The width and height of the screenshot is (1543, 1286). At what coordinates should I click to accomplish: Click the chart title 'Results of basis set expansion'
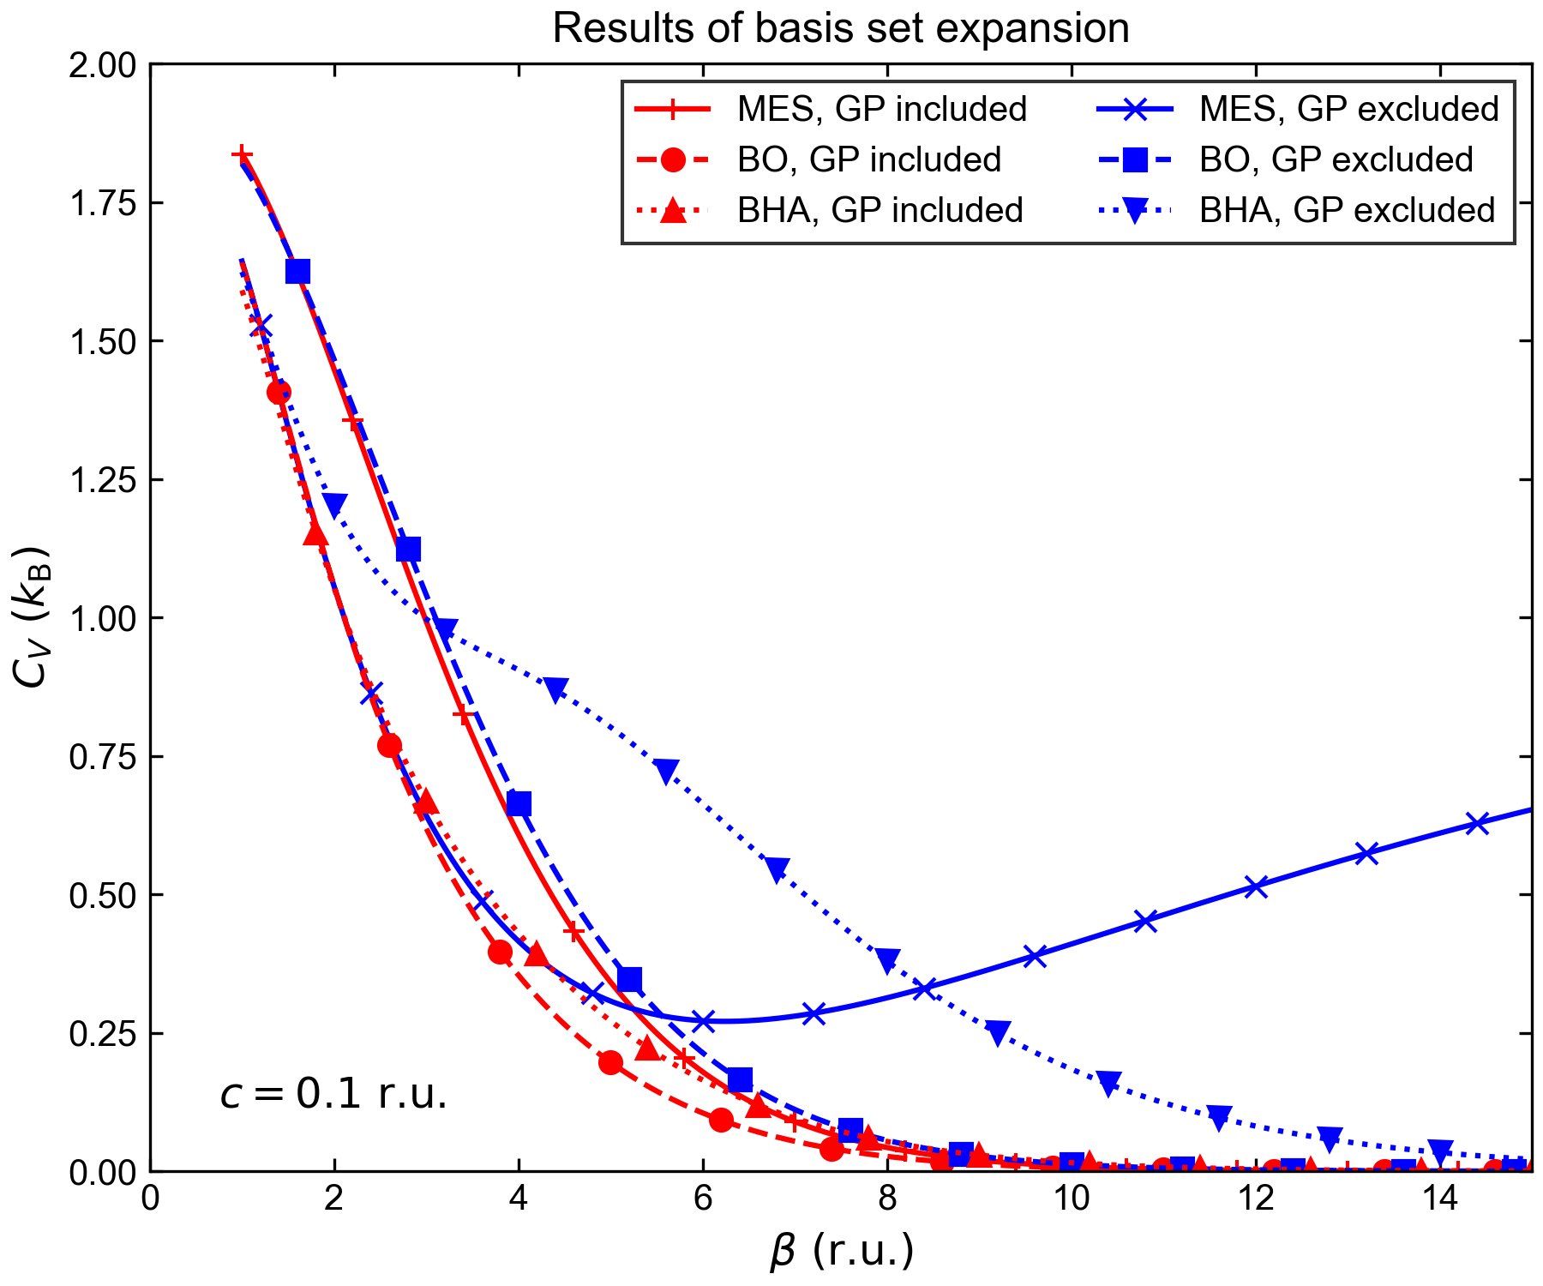point(840,29)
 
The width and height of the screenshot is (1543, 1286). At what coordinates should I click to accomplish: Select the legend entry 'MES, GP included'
point(882,110)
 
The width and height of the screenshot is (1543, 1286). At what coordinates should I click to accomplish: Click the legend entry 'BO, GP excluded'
point(1336,159)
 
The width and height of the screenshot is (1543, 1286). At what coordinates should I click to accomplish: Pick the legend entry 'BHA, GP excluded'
point(1347,210)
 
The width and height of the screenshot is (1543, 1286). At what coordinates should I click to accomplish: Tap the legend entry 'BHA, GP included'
point(880,210)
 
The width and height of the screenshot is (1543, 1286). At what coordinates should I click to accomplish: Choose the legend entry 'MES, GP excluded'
point(1348,110)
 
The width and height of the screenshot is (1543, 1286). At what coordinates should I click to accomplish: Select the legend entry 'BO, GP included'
point(869,159)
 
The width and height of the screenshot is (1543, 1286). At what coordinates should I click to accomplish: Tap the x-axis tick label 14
point(1440,1199)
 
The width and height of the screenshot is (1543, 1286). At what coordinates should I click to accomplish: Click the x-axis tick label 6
point(703,1199)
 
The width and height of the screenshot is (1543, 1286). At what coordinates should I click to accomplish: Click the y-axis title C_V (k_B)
point(33,617)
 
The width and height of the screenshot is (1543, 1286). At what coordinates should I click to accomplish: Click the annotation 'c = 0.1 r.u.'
point(333,1095)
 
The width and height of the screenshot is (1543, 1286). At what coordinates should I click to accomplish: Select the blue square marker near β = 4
point(519,804)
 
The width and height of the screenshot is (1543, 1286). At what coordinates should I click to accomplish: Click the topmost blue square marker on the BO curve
point(297,272)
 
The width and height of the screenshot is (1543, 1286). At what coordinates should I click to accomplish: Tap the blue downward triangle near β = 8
point(888,959)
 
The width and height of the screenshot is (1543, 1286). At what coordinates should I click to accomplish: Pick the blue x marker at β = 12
point(1256,886)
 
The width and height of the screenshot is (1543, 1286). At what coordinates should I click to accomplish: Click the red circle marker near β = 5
point(610,1062)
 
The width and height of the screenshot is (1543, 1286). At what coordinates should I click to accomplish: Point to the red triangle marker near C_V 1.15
point(315,534)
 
